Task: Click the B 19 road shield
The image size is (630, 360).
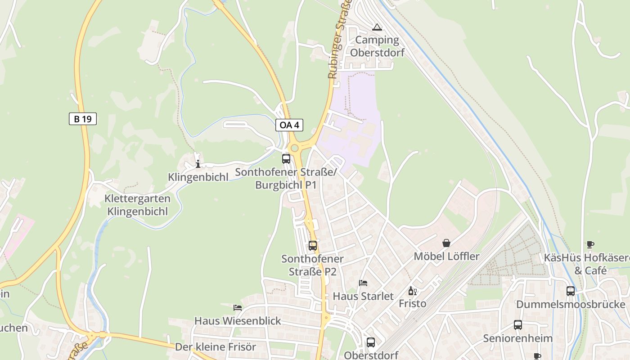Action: coord(83,119)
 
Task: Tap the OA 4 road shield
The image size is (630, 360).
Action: coord(289,125)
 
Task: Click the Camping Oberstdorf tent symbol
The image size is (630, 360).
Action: coord(377,27)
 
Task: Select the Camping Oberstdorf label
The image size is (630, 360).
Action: coord(377,46)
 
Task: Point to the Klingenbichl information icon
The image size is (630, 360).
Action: coord(198,164)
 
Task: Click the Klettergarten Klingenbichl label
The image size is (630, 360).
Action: coord(137,205)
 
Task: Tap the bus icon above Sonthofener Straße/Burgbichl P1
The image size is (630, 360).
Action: coord(286,158)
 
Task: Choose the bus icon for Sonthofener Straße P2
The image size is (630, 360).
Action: coord(313,246)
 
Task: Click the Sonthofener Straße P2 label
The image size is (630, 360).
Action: coord(312,265)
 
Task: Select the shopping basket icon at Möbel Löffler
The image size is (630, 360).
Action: coord(446,243)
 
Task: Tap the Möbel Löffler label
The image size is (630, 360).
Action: coord(446,256)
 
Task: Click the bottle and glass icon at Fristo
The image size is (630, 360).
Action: coord(412,291)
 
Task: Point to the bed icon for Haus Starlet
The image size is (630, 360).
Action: coord(363,283)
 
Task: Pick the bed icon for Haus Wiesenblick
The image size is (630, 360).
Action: coord(238,308)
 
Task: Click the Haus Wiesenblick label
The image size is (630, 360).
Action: coord(238,321)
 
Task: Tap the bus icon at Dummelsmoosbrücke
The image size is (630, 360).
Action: coord(571,291)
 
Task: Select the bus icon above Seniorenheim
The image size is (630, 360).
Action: coord(518,325)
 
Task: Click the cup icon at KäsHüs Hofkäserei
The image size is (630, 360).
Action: coord(590,245)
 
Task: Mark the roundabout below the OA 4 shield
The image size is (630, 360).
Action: coord(294,148)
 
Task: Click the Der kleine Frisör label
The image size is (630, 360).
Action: coord(216,347)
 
